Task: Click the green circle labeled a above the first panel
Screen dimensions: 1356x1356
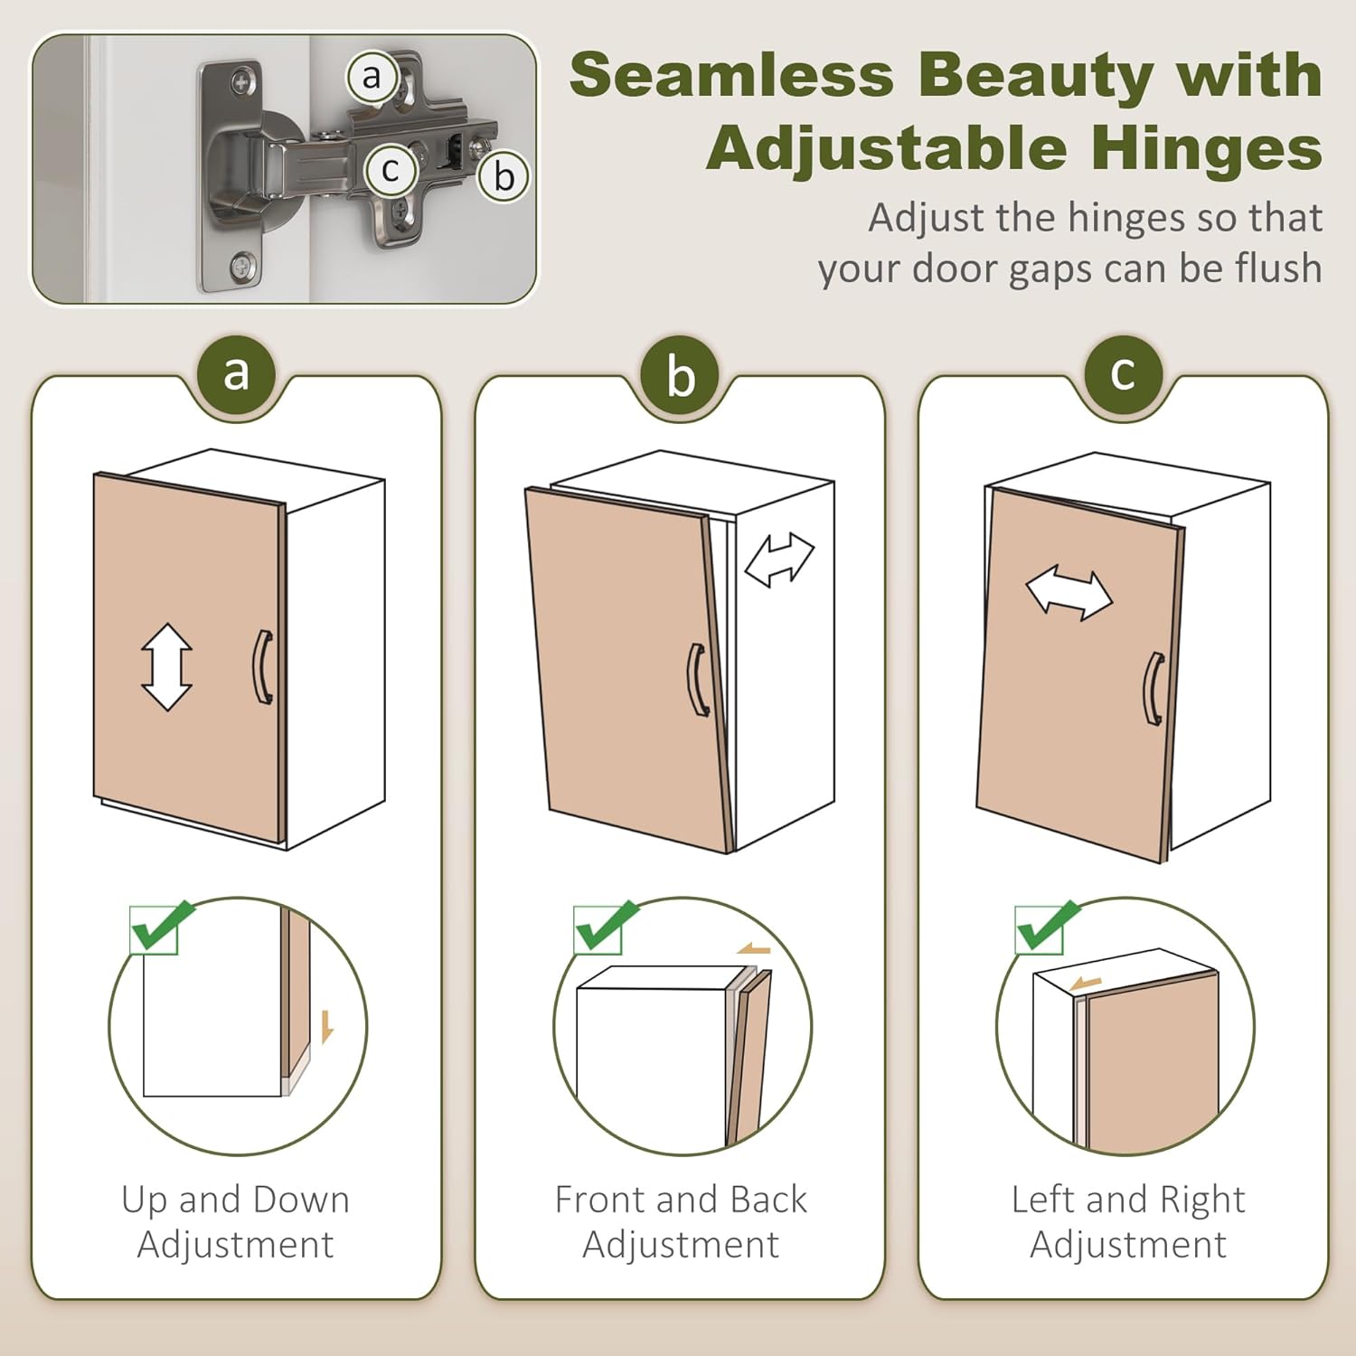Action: [x=236, y=373]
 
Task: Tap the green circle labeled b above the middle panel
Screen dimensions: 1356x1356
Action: [x=681, y=375]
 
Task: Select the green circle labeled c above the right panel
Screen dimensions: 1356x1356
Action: [x=1123, y=373]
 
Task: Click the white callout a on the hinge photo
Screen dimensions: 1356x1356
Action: [x=372, y=77]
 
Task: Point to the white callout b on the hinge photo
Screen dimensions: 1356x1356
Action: [x=504, y=176]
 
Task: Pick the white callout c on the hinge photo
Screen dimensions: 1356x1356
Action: [x=391, y=169]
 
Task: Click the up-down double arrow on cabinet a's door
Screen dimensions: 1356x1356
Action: [x=167, y=667]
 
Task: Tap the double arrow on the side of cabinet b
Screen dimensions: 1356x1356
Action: [x=779, y=560]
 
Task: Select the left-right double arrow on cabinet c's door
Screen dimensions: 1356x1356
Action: [x=1069, y=594]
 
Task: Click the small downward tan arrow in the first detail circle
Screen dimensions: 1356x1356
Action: [x=327, y=1027]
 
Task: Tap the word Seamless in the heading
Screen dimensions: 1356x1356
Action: [x=731, y=74]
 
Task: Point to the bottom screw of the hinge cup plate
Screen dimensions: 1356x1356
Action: [x=242, y=266]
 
